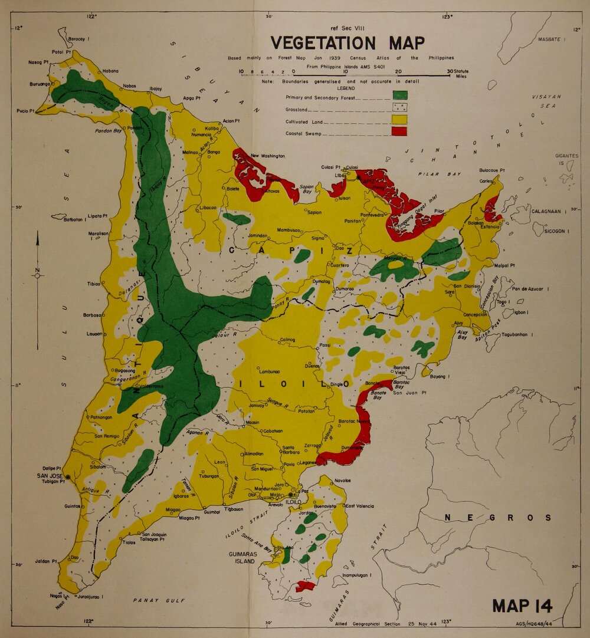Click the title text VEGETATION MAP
tap(347, 44)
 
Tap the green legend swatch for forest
tap(399, 94)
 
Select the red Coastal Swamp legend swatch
tap(399, 131)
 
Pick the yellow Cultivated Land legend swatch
tap(399, 119)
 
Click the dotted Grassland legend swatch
tap(399, 107)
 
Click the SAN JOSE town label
tap(50, 476)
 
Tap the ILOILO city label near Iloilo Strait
tap(294, 502)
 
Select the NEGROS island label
tap(498, 518)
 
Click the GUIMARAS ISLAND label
tap(242, 558)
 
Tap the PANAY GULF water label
tap(158, 600)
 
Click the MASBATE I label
tap(552, 39)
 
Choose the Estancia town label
tap(490, 227)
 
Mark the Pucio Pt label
tap(27, 111)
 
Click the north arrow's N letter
tap(37, 272)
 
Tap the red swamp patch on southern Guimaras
tap(305, 586)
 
